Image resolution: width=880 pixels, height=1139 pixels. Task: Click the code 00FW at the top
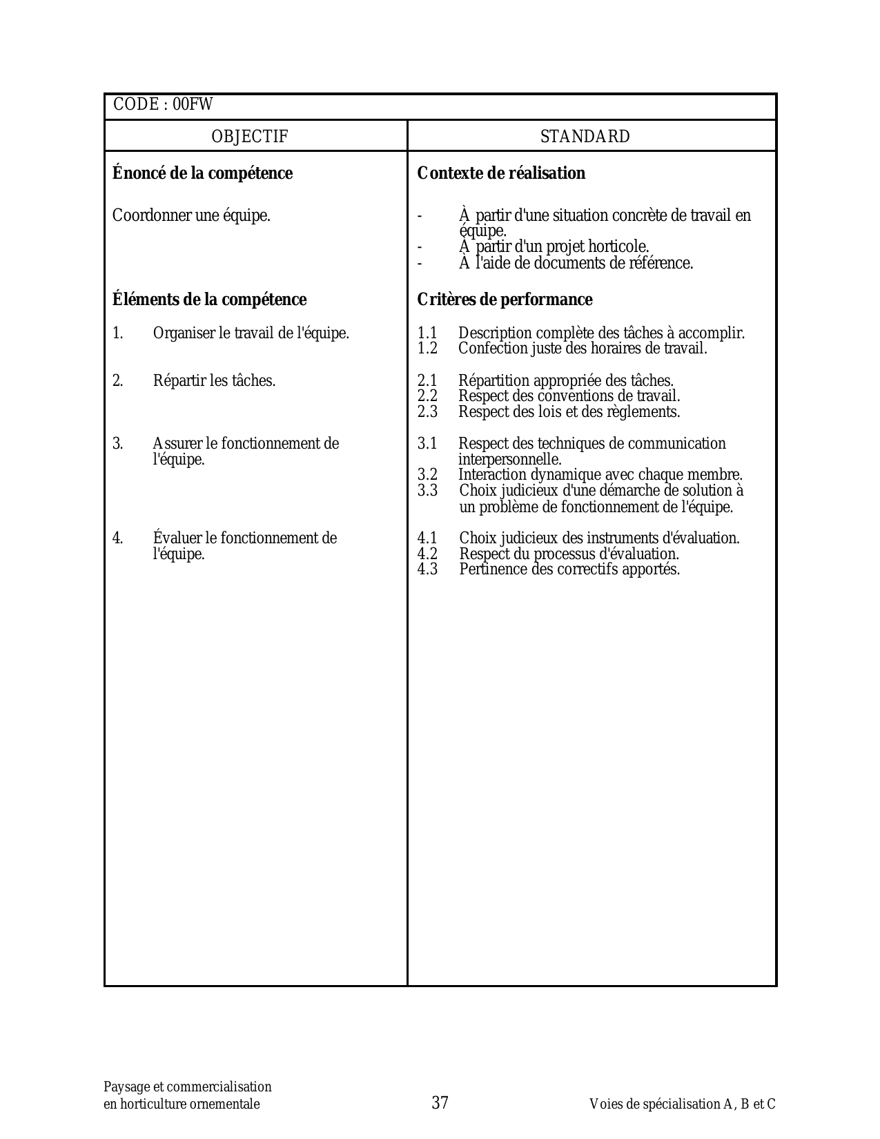[193, 105]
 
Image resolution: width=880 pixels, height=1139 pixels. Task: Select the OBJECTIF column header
[250, 137]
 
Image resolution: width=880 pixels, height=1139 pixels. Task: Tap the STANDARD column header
[585, 137]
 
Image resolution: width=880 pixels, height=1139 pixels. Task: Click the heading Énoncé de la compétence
[202, 173]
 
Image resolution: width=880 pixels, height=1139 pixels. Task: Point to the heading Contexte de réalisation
[501, 173]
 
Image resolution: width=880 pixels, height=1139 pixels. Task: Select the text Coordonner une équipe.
[191, 215]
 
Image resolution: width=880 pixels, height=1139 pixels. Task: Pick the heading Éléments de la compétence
[209, 300]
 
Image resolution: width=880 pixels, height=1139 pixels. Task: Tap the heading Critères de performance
[505, 300]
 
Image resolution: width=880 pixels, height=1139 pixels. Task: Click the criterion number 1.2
[427, 349]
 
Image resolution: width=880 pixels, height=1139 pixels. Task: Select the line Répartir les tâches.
[214, 381]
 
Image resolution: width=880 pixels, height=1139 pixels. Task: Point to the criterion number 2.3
[427, 412]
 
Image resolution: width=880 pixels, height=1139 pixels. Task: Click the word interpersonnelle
[509, 460]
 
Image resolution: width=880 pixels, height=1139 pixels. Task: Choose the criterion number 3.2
[427, 475]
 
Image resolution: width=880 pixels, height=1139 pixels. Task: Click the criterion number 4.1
[427, 538]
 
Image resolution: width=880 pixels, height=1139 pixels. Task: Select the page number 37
[440, 1102]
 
